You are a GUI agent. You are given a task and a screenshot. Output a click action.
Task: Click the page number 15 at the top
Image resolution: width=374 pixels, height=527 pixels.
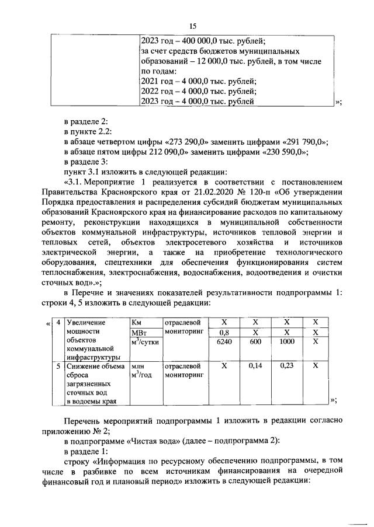coord(193,26)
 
